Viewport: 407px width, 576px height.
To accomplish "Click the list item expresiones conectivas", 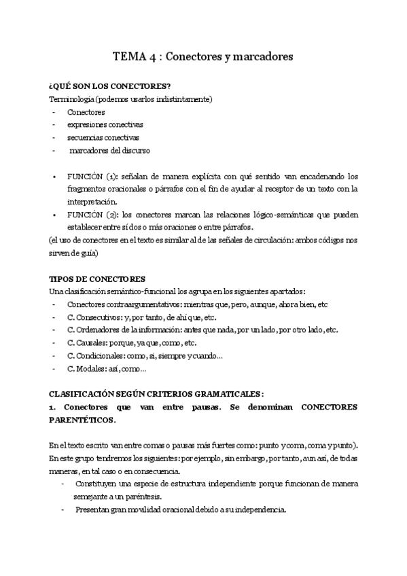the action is [x=105, y=125].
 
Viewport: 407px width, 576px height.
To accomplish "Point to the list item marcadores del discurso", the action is [x=109, y=150].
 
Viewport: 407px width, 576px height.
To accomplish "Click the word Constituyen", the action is [x=100, y=484].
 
